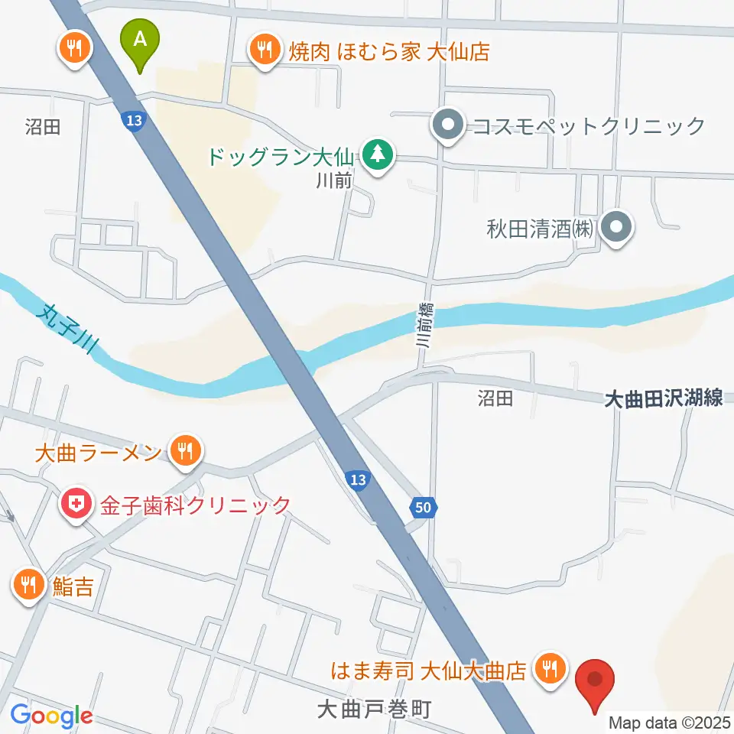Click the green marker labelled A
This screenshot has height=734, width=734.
tap(140, 41)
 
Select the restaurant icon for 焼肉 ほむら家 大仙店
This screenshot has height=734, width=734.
tap(265, 51)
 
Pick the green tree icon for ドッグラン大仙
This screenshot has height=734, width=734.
tap(376, 155)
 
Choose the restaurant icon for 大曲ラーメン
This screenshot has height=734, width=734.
tap(185, 451)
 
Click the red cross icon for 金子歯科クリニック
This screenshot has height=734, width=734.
tap(76, 505)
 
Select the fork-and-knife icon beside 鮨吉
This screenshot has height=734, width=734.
tap(29, 586)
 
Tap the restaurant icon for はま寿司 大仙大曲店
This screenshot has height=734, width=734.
tap(549, 670)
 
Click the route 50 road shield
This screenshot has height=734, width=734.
tap(426, 507)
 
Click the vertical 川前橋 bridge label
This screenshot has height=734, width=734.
tap(424, 325)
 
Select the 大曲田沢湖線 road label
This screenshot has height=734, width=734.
tap(663, 398)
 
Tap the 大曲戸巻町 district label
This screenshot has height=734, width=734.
tap(374, 710)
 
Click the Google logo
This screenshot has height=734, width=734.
tap(51, 716)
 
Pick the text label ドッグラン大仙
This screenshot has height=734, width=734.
tap(278, 158)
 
